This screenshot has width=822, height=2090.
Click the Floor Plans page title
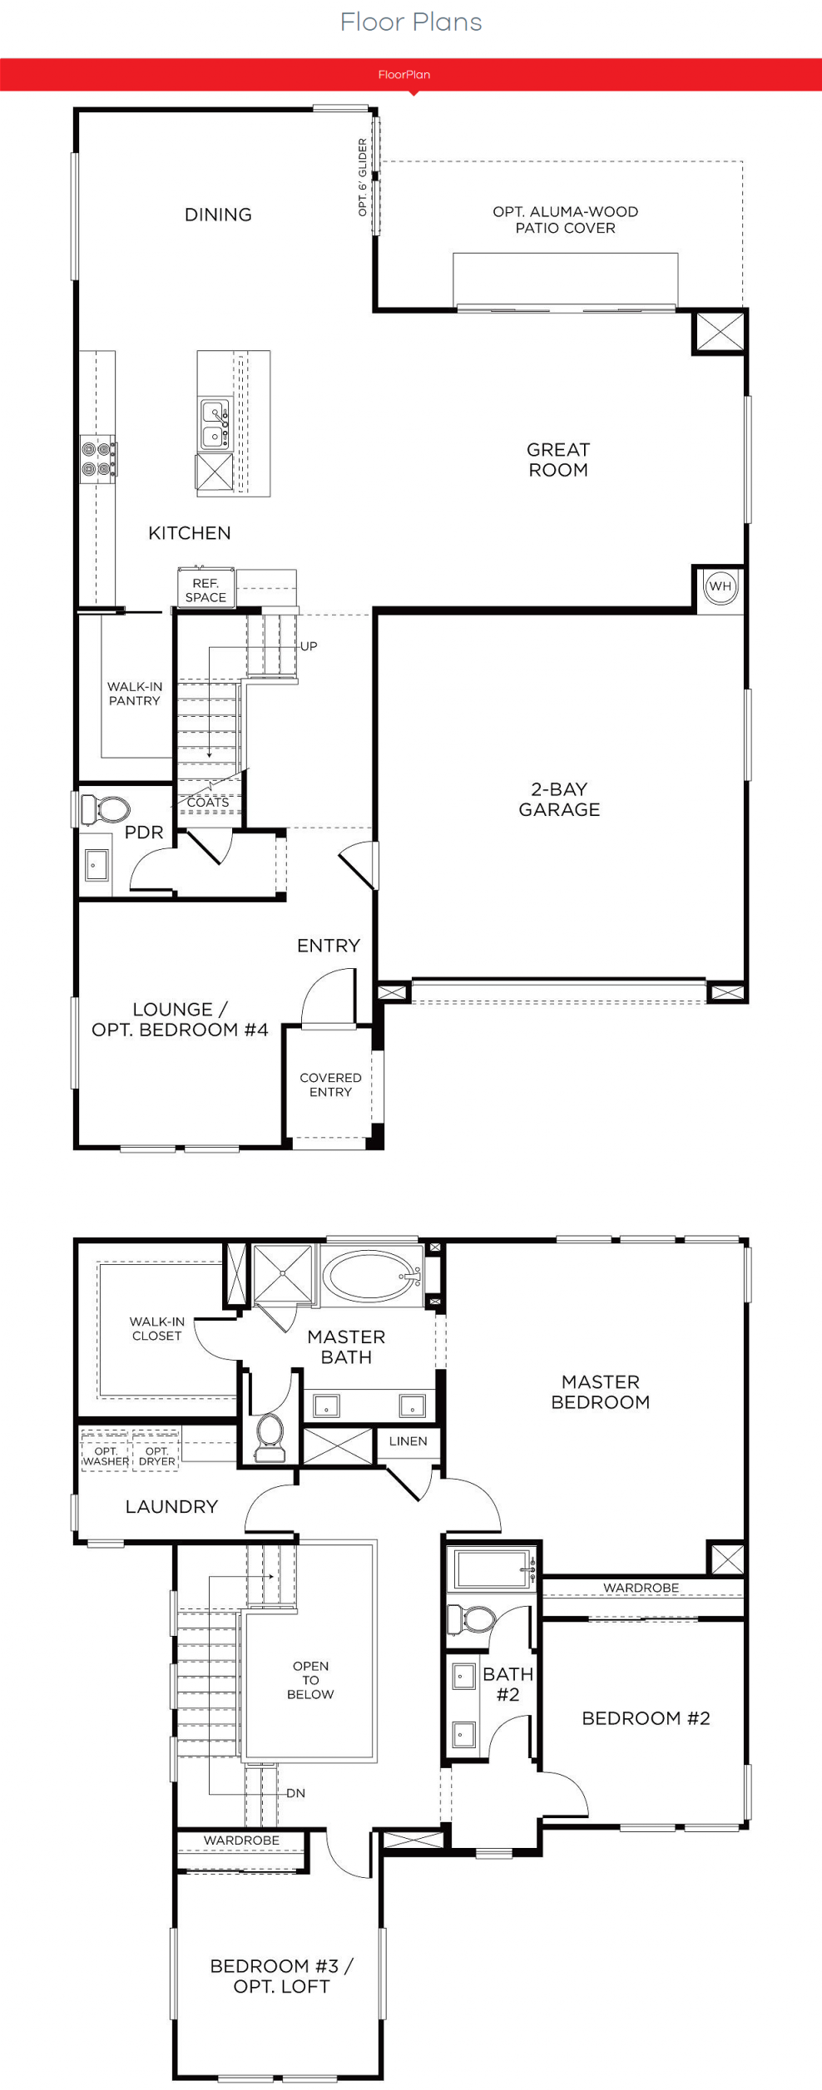(411, 22)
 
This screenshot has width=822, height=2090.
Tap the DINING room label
(218, 215)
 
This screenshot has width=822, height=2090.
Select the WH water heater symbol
(720, 586)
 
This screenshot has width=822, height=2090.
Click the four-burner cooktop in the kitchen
(97, 459)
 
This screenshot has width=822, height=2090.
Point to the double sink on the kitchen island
(215, 424)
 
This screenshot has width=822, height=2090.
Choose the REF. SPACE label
(205, 590)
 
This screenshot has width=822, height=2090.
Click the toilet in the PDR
(106, 808)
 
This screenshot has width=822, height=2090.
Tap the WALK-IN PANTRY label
(135, 694)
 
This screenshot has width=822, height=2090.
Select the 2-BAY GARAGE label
(559, 799)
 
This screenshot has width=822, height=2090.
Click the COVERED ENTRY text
(330, 1085)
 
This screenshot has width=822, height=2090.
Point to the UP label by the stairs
(309, 646)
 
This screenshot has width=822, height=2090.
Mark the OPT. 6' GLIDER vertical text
(363, 177)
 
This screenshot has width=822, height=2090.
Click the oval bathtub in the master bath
(372, 1275)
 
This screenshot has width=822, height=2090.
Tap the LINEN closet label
(408, 1441)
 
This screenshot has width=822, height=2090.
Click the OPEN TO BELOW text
(310, 1680)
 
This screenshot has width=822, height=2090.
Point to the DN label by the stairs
(295, 1793)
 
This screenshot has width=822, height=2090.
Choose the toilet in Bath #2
(472, 1619)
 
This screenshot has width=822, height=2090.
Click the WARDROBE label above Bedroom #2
(641, 1588)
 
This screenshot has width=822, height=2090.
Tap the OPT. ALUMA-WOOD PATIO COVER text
(566, 220)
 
